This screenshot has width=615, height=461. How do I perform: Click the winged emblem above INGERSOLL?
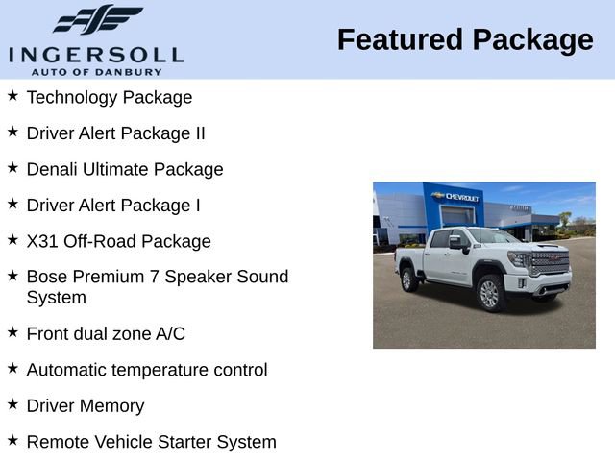97,20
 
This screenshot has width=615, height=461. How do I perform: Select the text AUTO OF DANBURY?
95,71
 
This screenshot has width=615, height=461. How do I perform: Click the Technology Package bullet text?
110,97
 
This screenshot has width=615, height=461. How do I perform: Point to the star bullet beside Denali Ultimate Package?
12,167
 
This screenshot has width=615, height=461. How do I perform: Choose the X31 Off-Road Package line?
119,241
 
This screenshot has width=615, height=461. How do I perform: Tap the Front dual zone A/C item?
106,333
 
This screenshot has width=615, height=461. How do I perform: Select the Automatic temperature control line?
147,370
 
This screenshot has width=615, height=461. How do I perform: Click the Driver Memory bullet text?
86,406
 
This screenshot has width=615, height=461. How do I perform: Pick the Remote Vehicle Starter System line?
152,442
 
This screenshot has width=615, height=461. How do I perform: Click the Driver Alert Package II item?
116,133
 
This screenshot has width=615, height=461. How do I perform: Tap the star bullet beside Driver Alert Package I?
12,204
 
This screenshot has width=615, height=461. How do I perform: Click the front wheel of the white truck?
489,293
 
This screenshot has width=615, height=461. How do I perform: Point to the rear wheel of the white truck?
409,279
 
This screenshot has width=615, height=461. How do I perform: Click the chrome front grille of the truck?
550,263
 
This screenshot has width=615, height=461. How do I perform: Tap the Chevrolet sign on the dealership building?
455,196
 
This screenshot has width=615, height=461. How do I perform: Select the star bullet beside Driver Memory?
12,404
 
